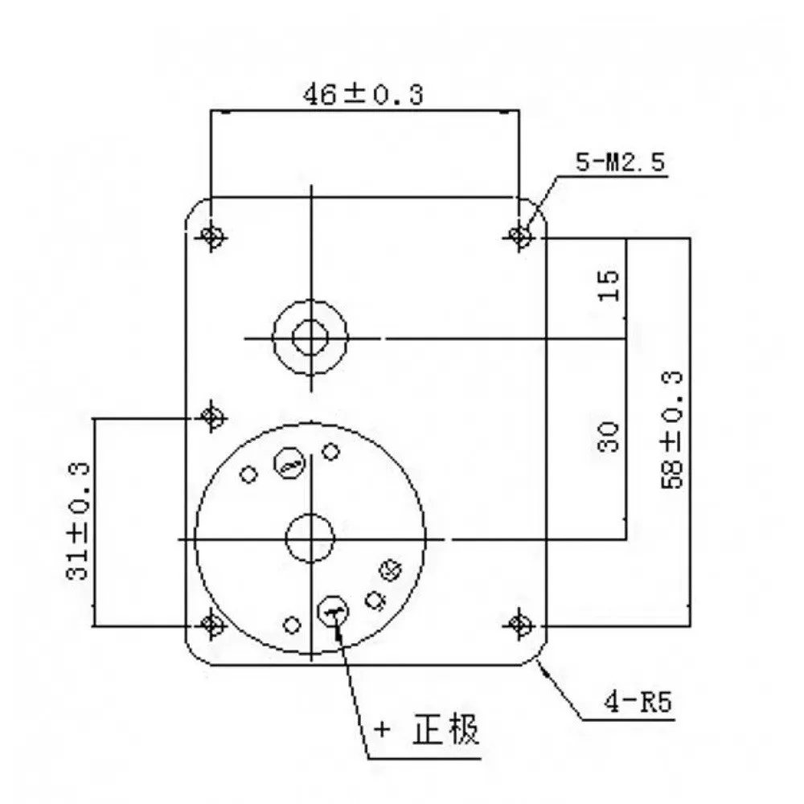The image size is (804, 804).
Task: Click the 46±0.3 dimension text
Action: coord(362,95)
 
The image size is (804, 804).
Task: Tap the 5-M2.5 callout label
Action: coord(620,163)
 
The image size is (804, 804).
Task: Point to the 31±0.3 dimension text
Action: coord(78,522)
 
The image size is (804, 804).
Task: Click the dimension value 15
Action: coord(609,285)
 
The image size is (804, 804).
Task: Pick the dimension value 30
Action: coord(609,437)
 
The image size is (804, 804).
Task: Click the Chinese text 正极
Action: coord(446,731)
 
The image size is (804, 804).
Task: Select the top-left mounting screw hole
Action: coord(211,236)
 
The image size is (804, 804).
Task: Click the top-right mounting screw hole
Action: coord(520,236)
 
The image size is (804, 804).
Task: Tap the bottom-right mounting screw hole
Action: coord(520,623)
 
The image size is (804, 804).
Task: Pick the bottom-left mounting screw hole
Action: coord(211,623)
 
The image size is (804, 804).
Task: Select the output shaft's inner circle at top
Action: coord(310,337)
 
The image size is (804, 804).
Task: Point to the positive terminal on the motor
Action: coord(333,612)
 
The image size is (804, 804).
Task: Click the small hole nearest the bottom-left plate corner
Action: coord(293,624)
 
